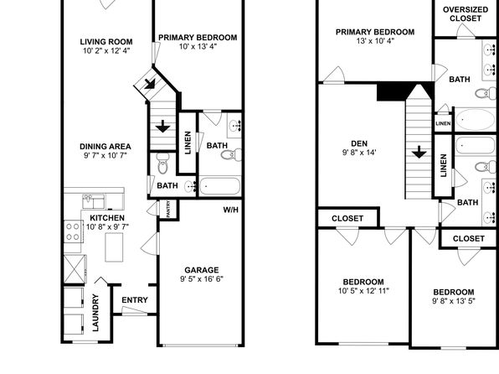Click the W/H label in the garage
click(x=231, y=210)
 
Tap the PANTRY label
click(x=168, y=209)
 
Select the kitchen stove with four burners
click(x=73, y=231)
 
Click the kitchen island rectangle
click(x=114, y=247)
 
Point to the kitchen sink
click(x=94, y=201)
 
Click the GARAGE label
click(x=202, y=270)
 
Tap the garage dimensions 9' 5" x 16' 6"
click(x=202, y=279)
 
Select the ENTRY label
click(x=135, y=300)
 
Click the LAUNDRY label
click(x=95, y=313)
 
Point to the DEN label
click(x=359, y=143)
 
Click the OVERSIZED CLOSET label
click(x=466, y=14)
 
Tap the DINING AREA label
click(x=105, y=147)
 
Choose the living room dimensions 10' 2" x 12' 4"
click(x=106, y=50)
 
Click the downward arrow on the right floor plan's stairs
click(x=419, y=152)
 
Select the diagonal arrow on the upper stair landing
click(x=149, y=84)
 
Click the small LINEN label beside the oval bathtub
click(x=443, y=123)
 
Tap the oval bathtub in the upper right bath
click(x=475, y=119)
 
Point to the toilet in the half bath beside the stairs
click(x=163, y=163)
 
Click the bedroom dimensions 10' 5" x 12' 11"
click(x=363, y=291)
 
